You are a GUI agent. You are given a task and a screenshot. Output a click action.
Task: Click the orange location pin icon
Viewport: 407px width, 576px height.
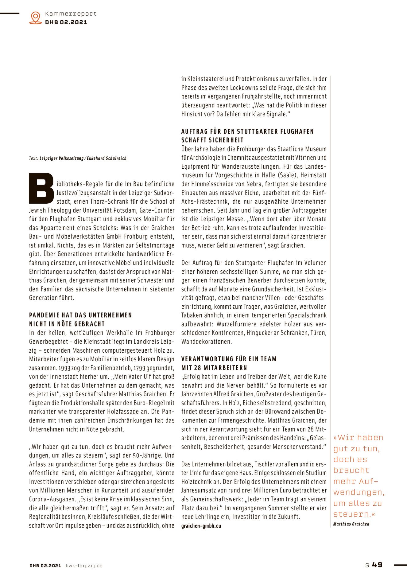[x=36, y=17]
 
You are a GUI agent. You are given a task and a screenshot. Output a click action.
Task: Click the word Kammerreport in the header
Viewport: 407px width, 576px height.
[x=71, y=14]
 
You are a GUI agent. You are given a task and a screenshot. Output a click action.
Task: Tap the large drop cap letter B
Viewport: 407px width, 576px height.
[x=42, y=188]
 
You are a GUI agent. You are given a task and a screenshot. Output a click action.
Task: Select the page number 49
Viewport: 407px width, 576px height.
[x=377, y=565]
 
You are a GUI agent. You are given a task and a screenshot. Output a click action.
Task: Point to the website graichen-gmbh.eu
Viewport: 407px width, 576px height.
[x=201, y=526]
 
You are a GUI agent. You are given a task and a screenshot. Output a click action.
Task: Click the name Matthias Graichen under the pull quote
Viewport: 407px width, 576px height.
[x=351, y=524]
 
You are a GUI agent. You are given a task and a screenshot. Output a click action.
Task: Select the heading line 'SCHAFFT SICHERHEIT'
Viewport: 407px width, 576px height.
[x=212, y=140]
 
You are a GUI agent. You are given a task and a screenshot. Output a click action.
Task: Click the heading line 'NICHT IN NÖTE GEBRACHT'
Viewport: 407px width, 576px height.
[x=67, y=324]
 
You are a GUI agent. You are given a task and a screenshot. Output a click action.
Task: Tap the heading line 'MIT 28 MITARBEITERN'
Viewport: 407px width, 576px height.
[x=214, y=368]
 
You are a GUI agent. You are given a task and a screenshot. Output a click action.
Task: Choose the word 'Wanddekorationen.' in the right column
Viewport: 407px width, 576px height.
[x=207, y=342]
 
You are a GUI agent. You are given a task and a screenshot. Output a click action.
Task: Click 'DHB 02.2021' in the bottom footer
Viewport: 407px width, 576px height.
[x=45, y=566]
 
